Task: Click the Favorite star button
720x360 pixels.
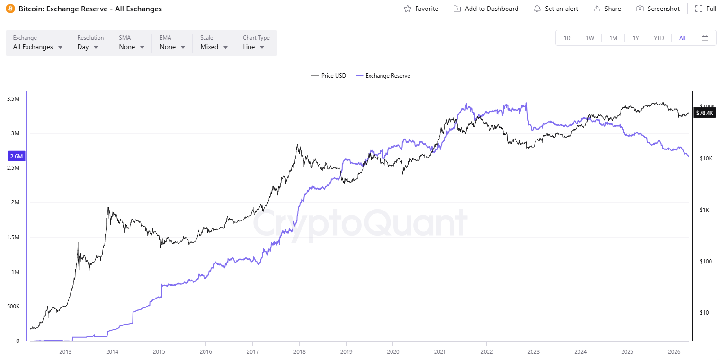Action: pos(420,9)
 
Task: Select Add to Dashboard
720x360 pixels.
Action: pos(486,9)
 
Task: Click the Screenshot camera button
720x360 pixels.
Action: pos(658,9)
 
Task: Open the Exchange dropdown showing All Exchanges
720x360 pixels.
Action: pos(38,47)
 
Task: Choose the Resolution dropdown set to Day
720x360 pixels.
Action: pos(88,47)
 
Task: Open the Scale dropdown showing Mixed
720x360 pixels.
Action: pos(214,47)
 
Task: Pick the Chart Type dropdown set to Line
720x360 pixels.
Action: pos(254,47)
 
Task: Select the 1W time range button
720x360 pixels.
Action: pos(590,38)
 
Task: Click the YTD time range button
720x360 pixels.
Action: pos(659,38)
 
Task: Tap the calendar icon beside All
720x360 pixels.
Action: pos(705,38)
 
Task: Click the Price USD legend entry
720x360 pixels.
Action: pos(329,76)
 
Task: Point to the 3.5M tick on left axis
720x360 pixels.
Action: pos(13,99)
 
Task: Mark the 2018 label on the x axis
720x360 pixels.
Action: pos(299,351)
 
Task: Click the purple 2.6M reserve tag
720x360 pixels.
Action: pos(17,156)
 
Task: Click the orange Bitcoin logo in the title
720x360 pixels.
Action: pos(10,9)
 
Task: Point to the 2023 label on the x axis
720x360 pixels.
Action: pos(533,351)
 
